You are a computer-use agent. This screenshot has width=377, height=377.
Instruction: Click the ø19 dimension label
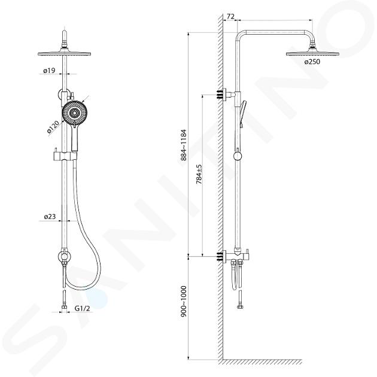click(x=49, y=71)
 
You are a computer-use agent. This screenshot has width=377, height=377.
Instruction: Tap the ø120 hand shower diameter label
click(x=53, y=127)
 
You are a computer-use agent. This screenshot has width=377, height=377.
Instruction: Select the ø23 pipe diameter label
click(x=50, y=217)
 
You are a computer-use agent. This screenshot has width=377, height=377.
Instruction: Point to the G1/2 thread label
click(x=82, y=308)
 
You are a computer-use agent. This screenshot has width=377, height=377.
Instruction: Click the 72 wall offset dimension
click(x=230, y=16)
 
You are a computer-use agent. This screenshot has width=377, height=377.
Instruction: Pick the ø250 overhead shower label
click(x=312, y=62)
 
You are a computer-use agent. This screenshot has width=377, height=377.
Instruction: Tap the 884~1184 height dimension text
click(x=184, y=145)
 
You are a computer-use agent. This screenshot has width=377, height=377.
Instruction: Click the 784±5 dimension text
click(x=199, y=175)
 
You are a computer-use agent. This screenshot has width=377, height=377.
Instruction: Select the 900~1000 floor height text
click(x=184, y=301)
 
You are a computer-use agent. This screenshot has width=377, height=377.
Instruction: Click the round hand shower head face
click(x=75, y=113)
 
